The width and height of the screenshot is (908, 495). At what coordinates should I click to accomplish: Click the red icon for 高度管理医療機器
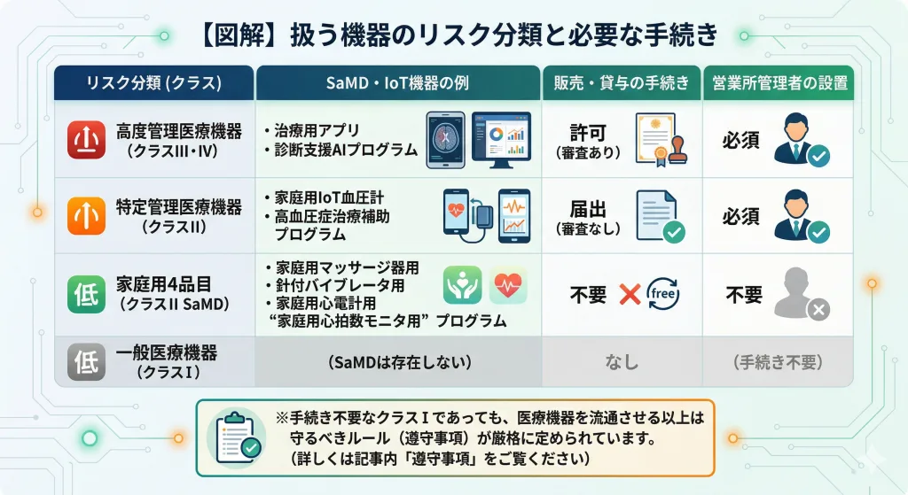tap(87, 140)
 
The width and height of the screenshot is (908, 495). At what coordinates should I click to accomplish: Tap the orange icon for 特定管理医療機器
tap(87, 216)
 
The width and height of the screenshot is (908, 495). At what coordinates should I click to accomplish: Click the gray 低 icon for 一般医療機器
tap(87, 361)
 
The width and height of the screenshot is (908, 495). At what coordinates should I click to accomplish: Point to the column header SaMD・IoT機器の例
tap(398, 83)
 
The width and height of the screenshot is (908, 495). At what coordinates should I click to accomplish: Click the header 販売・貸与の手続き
tap(622, 83)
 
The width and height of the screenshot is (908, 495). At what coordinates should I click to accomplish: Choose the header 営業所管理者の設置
tap(779, 83)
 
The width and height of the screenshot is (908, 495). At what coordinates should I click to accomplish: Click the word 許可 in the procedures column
tap(587, 133)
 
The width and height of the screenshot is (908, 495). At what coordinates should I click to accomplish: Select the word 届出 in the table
tap(587, 210)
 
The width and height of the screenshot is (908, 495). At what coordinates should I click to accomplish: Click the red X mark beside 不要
tap(630, 294)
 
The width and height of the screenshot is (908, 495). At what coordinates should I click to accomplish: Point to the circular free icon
tap(664, 294)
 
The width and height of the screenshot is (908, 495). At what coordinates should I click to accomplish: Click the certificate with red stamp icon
tap(661, 140)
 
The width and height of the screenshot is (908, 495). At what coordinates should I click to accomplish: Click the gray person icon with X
tap(800, 296)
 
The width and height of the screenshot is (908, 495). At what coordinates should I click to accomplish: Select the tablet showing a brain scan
tap(446, 140)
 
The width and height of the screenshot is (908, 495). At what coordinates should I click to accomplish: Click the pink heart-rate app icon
tap(507, 286)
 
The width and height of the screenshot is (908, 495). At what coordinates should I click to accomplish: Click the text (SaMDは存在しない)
tap(398, 362)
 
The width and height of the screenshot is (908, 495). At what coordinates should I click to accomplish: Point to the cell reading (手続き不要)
tap(779, 362)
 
